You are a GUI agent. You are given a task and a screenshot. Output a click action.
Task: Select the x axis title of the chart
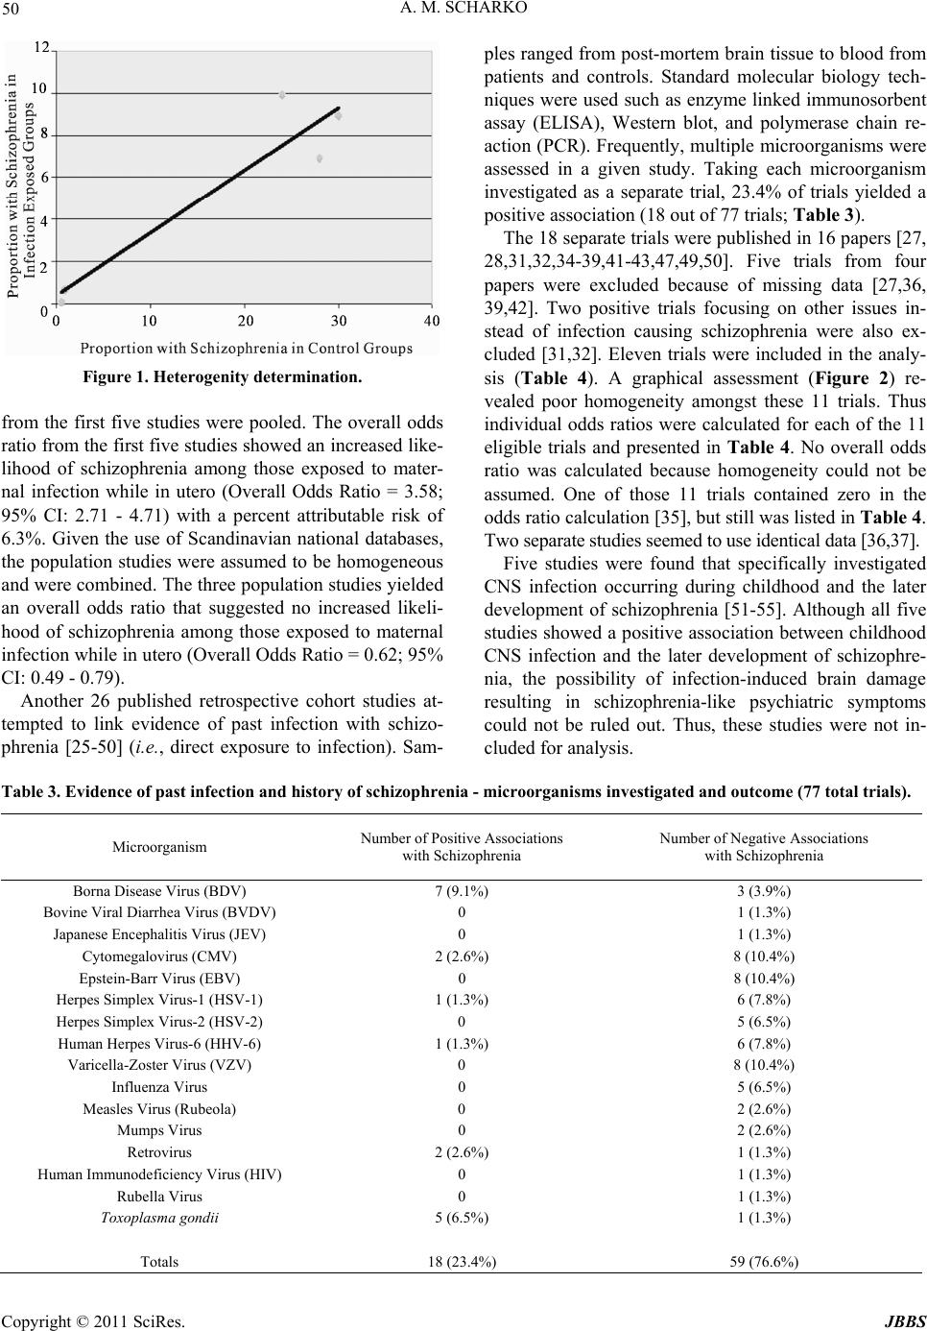tap(247, 320)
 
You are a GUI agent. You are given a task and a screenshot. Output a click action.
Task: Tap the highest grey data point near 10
tap(282, 95)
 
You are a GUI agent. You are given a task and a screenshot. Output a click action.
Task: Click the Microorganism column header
tap(158, 846)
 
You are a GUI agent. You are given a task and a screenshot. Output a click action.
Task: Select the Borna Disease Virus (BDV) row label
tap(159, 890)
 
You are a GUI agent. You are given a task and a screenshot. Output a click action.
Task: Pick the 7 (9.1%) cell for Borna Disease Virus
tap(462, 890)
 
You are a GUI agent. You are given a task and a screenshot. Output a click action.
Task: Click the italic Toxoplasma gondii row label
tap(159, 1218)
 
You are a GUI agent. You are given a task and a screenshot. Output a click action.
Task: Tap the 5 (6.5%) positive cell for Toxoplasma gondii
tap(462, 1218)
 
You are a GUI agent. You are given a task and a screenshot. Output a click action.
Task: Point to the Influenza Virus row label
tap(159, 1087)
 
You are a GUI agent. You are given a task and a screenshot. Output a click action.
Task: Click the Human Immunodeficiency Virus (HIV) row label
tap(159, 1174)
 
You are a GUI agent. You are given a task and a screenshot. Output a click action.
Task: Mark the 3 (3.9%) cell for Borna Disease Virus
tap(763, 890)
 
